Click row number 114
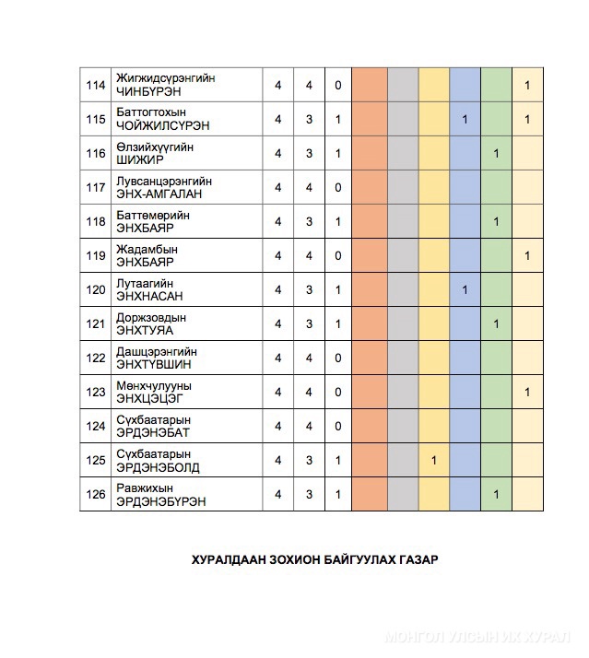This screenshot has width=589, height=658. pyautogui.click(x=95, y=86)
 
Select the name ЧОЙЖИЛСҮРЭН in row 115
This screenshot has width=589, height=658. pyautogui.click(x=158, y=126)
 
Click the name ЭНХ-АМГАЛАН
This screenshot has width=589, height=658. pyautogui.click(x=159, y=194)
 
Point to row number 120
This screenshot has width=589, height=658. pyautogui.click(x=95, y=290)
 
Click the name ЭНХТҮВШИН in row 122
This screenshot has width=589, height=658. pyautogui.click(x=153, y=364)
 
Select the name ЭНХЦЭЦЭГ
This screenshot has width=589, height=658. pyautogui.click(x=150, y=398)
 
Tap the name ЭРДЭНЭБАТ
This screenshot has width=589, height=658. pyautogui.click(x=153, y=432)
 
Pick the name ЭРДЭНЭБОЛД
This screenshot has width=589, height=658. pyautogui.click(x=158, y=467)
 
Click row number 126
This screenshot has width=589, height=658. pyautogui.click(x=95, y=495)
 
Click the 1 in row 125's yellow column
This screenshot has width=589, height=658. pyautogui.click(x=434, y=461)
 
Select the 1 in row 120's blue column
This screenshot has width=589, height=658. pyautogui.click(x=465, y=290)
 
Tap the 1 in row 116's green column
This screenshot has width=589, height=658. pyautogui.click(x=496, y=154)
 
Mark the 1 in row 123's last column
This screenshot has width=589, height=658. pyautogui.click(x=527, y=393)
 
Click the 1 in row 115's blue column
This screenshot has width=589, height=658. pyautogui.click(x=465, y=120)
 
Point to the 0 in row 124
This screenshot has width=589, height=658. pyautogui.click(x=338, y=427)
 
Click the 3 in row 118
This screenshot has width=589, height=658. pyautogui.click(x=309, y=222)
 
